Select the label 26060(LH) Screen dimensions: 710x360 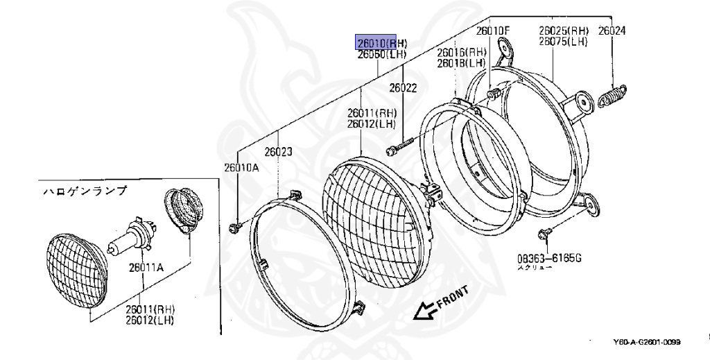[x=381, y=54]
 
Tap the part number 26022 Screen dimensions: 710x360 [x=403, y=88]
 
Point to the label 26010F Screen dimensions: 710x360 [x=492, y=31]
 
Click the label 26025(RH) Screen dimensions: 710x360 [x=564, y=31]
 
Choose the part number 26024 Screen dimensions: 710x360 [x=612, y=31]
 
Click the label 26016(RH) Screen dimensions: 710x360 [x=461, y=53]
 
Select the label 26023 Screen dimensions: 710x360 [x=277, y=151]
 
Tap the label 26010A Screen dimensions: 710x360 [x=241, y=166]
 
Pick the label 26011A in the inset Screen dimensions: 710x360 [x=144, y=263]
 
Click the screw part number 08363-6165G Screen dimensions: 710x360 [x=548, y=259]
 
